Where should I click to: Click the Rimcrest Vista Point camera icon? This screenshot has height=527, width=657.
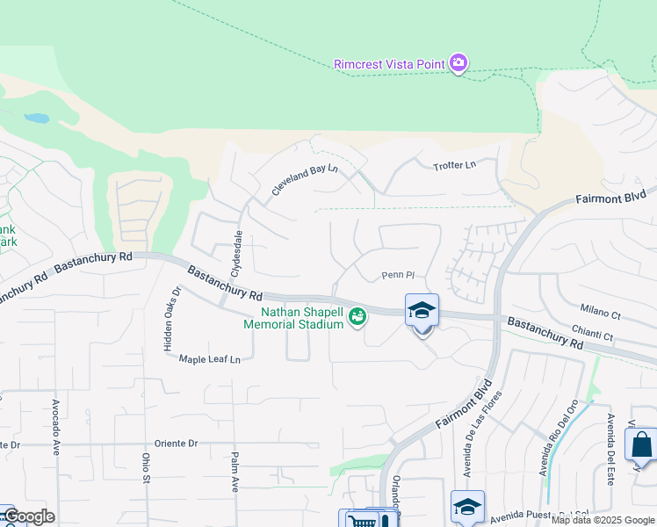tap(458, 63)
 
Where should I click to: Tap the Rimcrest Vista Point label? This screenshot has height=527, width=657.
tap(390, 64)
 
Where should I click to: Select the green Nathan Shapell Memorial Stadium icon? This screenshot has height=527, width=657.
tap(357, 316)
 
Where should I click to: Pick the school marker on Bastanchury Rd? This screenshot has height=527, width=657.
tap(422, 311)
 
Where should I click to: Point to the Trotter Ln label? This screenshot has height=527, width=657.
tap(454, 165)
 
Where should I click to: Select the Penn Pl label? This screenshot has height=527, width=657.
tap(398, 275)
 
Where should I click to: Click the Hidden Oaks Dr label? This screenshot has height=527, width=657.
tap(170, 320)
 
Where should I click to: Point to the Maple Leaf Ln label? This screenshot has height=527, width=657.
tap(209, 359)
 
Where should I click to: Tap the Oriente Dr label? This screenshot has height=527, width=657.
tap(176, 444)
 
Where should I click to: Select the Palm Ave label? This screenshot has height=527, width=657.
tap(235, 472)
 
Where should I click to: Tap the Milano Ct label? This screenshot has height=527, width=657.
tap(601, 311)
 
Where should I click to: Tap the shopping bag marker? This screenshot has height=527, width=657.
tap(642, 444)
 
